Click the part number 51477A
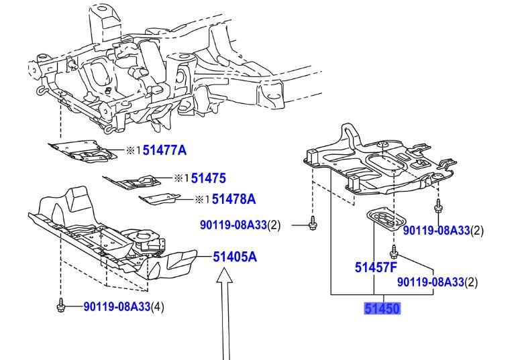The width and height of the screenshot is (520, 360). (x=164, y=151)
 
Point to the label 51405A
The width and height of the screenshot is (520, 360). (x=236, y=256)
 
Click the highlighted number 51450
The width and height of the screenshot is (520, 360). (x=382, y=309)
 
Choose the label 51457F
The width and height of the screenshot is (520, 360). (x=376, y=268)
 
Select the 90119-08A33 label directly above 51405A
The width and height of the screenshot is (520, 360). (x=233, y=226)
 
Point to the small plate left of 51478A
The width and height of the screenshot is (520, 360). (x=160, y=198)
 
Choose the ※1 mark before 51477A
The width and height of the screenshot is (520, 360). (x=133, y=151)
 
